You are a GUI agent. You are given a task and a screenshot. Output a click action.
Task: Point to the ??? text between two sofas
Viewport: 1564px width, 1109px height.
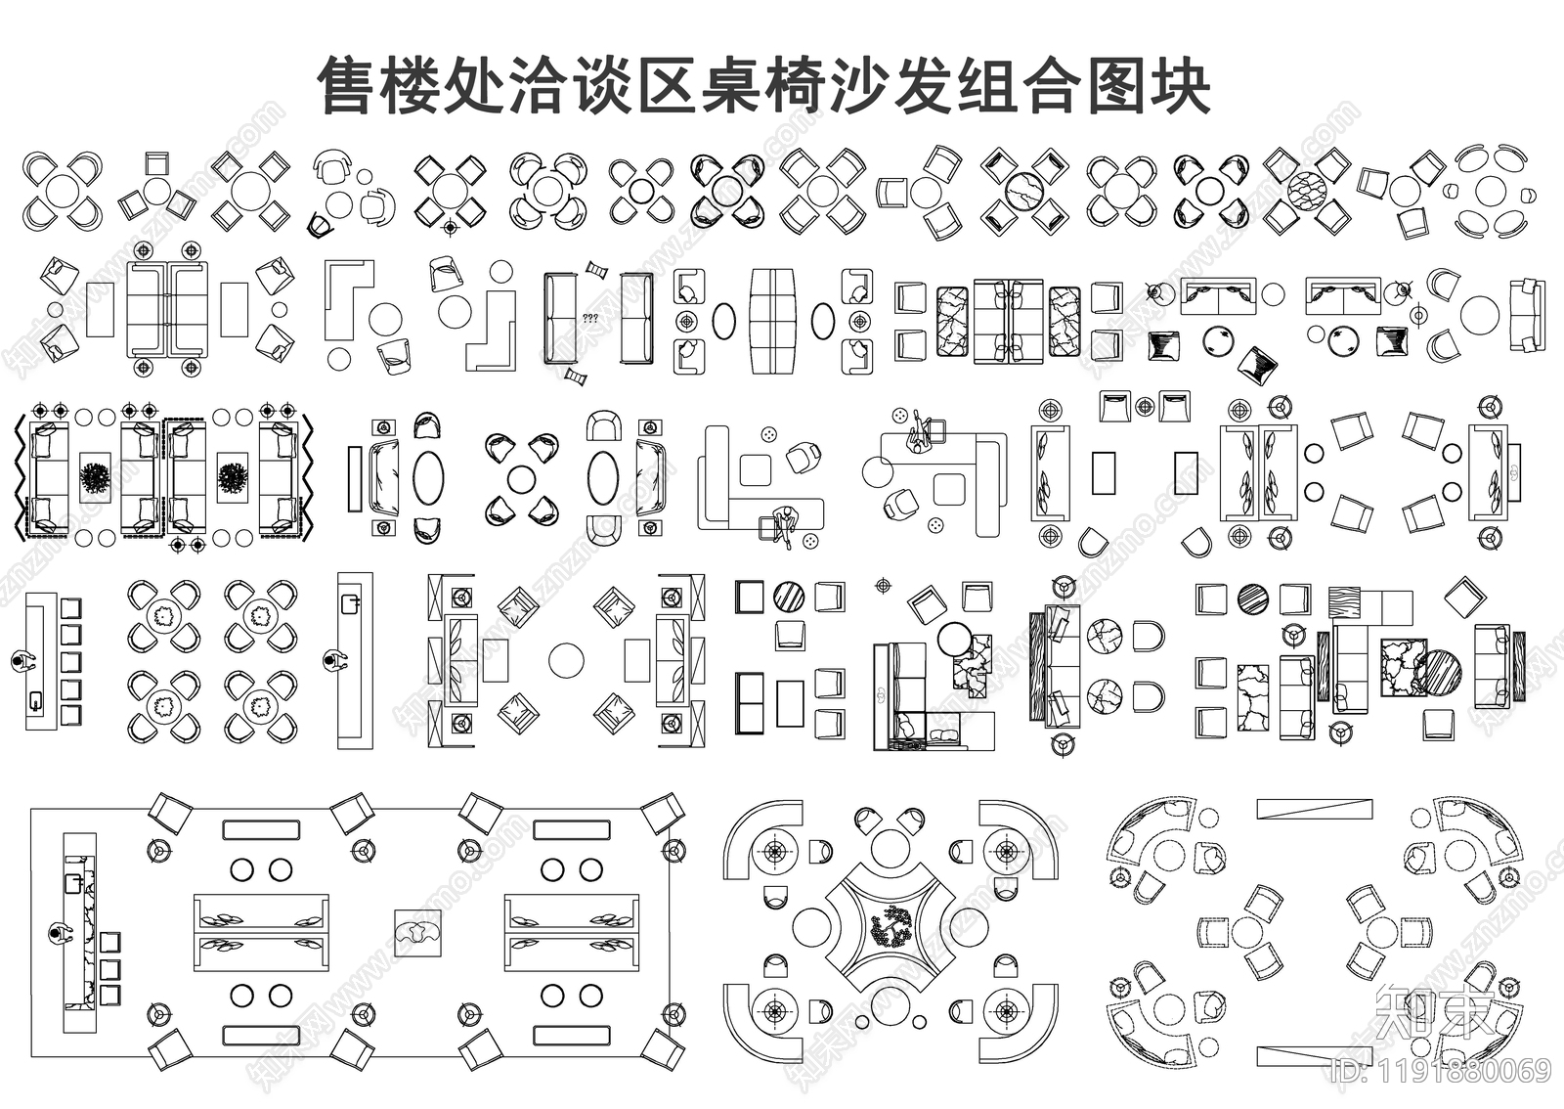coord(590,318)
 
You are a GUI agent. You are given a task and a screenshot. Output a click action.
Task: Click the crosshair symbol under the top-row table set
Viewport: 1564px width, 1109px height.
coord(450,228)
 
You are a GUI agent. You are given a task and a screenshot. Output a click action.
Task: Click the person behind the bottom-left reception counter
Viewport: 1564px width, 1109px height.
coord(61,934)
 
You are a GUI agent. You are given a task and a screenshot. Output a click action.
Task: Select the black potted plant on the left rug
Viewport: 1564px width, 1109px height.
coord(96,479)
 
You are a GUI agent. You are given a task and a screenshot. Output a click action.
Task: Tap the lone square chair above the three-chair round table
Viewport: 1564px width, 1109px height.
coord(156,163)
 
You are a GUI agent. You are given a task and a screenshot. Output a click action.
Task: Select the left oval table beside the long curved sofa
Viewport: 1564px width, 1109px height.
coord(723,320)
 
